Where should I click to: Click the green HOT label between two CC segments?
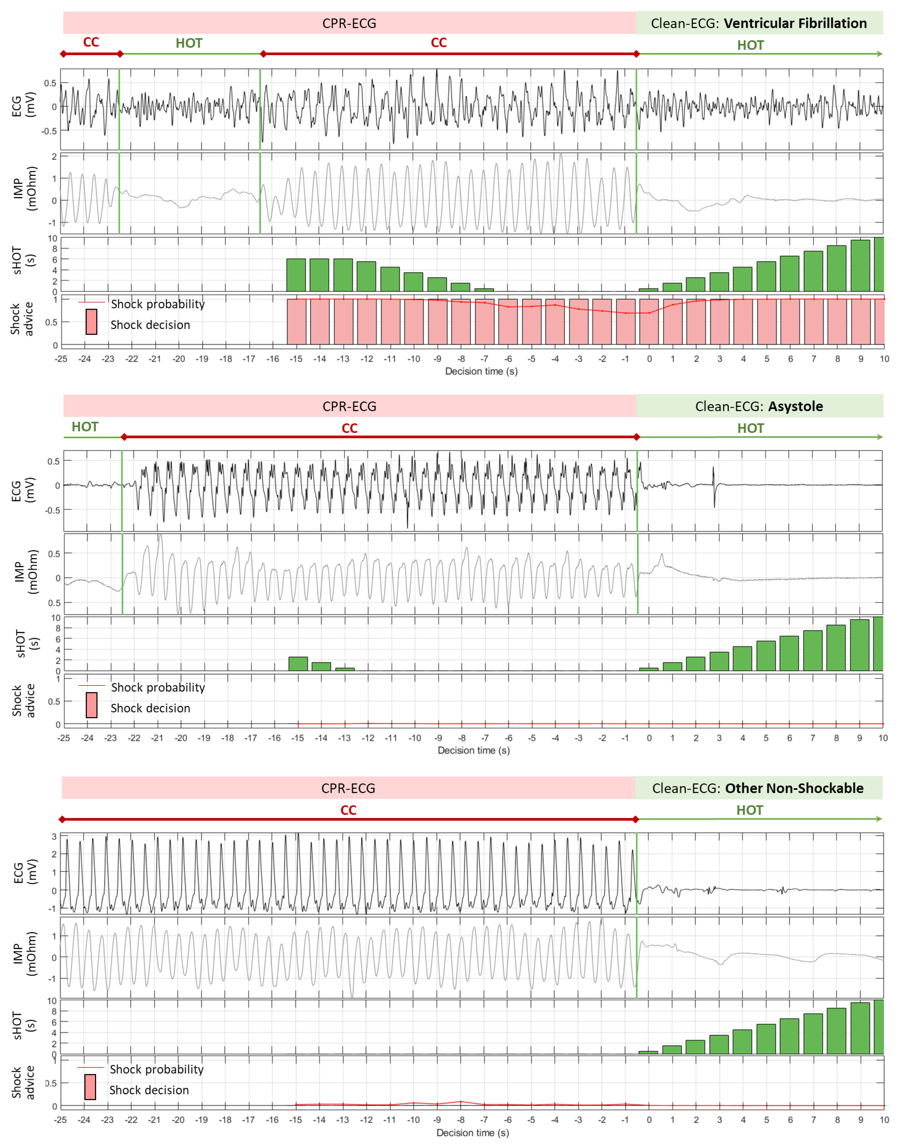point(189,43)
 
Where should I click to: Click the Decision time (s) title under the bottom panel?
point(473,1132)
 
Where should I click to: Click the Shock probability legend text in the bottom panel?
point(156,1069)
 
